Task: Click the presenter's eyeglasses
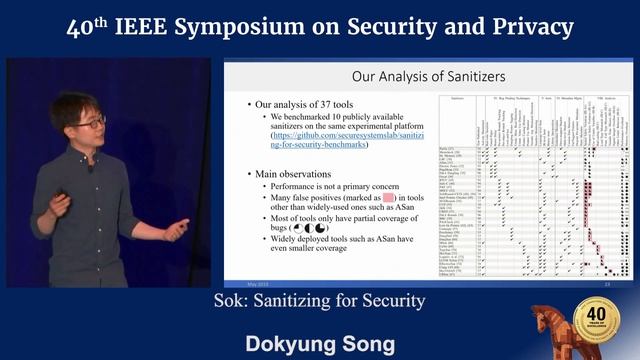pos(89,122)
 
